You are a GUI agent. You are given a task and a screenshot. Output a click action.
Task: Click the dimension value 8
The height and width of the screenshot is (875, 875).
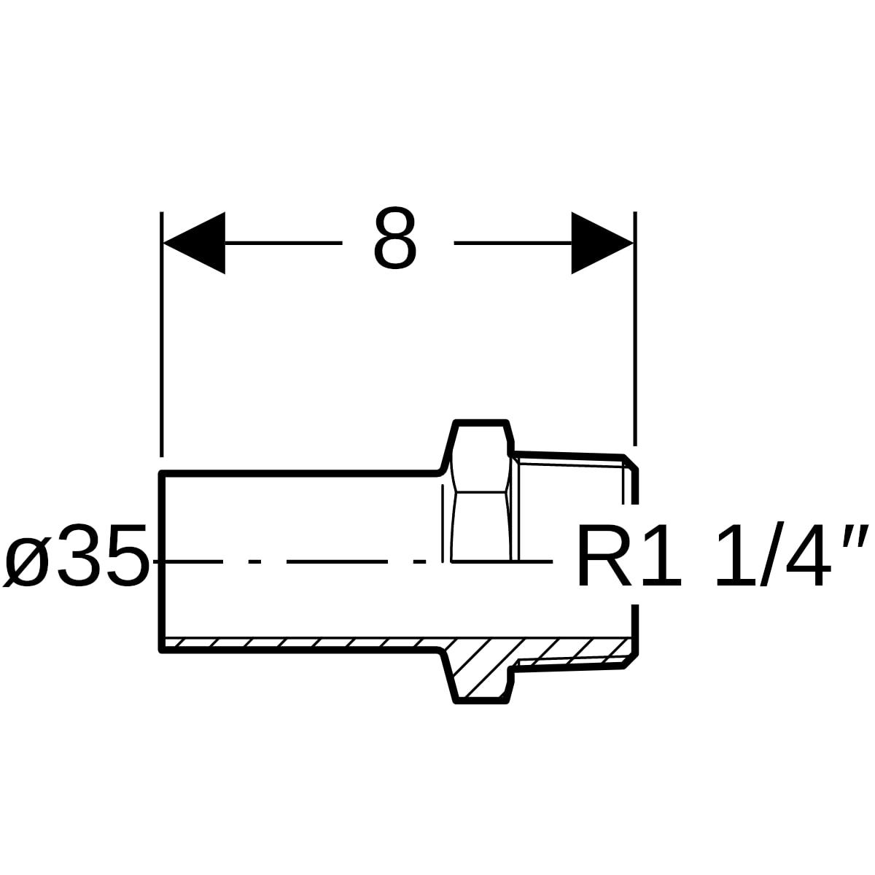point(394,238)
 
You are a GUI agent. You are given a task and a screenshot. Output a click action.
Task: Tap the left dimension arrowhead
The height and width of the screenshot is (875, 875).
point(194,243)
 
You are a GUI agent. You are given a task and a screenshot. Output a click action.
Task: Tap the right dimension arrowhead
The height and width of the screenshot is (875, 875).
point(602,243)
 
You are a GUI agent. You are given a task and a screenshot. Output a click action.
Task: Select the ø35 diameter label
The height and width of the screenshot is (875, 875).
point(77,555)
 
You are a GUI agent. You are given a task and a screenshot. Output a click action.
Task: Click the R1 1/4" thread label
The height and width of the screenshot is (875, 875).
point(722,555)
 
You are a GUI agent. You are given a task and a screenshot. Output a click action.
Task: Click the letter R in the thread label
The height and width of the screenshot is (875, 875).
point(604,555)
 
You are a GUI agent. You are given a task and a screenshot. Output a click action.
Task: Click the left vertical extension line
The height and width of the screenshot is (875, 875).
point(161,334)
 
